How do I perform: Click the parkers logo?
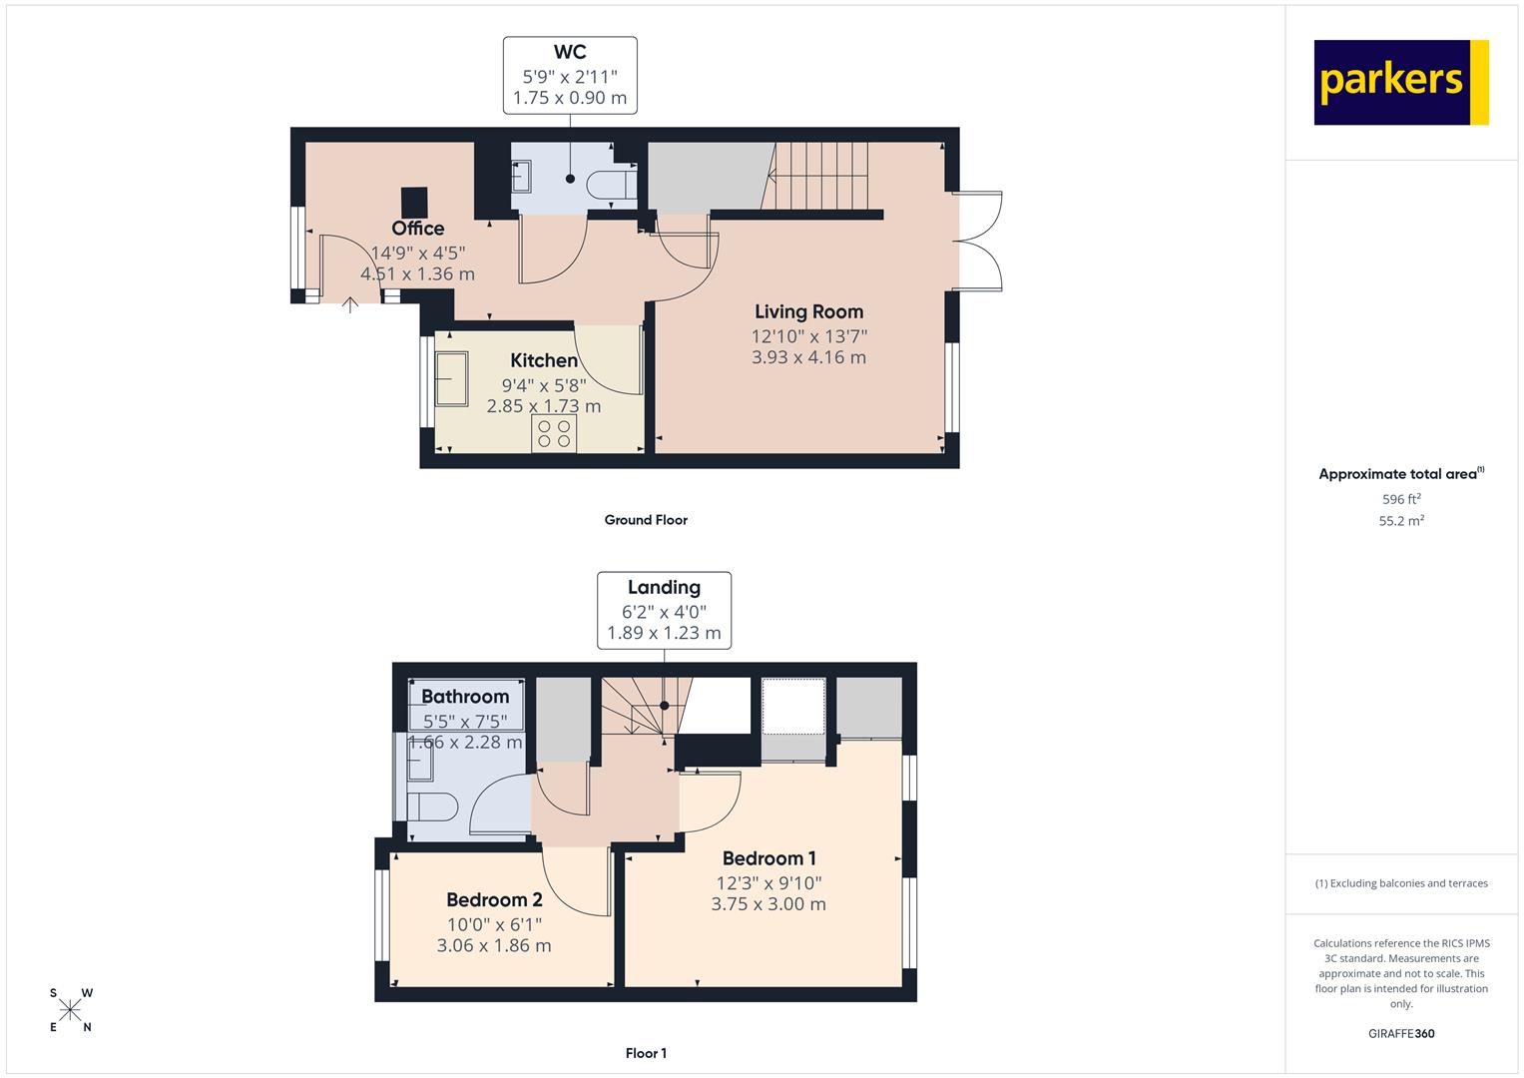click(1401, 82)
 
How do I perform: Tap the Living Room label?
click(809, 311)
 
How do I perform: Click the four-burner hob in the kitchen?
click(554, 433)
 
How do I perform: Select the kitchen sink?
click(451, 379)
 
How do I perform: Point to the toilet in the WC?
click(611, 184)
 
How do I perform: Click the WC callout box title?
click(570, 52)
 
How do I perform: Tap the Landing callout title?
click(664, 587)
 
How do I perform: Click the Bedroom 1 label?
click(768, 858)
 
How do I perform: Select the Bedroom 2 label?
click(495, 899)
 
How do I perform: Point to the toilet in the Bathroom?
click(433, 807)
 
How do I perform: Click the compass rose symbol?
click(70, 1010)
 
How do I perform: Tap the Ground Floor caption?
click(646, 520)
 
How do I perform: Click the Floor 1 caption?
click(646, 1053)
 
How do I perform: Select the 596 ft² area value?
click(1401, 499)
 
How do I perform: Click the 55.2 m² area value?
click(1401, 521)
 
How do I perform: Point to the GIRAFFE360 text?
click(1401, 1034)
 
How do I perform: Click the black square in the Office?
click(414, 202)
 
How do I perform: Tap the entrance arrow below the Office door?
click(349, 304)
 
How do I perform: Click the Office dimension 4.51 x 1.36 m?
click(418, 274)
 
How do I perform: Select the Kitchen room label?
click(544, 360)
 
